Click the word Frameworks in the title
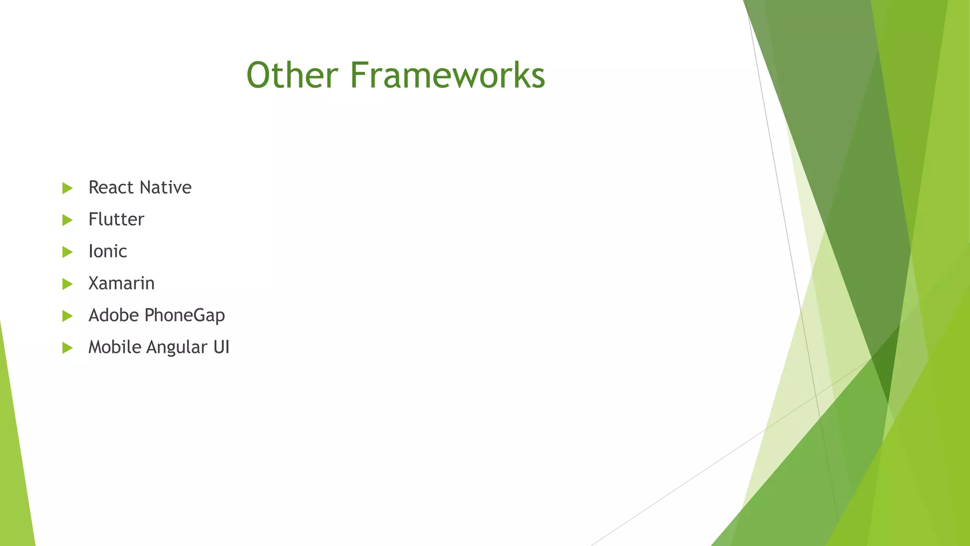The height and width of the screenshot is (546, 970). pyautogui.click(x=448, y=75)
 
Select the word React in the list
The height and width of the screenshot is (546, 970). pyautogui.click(x=111, y=188)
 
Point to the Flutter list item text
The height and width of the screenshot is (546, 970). pyautogui.click(x=116, y=219)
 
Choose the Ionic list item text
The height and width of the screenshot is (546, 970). pyautogui.click(x=108, y=251)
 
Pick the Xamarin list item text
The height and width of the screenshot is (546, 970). pyautogui.click(x=121, y=283)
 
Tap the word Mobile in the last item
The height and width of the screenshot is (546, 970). pyautogui.click(x=115, y=347)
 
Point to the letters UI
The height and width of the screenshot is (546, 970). pyautogui.click(x=221, y=347)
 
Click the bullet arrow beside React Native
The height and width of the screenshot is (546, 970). pyautogui.click(x=67, y=188)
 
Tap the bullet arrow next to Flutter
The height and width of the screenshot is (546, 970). pyautogui.click(x=67, y=220)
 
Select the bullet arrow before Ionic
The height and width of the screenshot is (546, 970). pyautogui.click(x=67, y=252)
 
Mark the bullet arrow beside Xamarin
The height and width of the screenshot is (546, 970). pyautogui.click(x=67, y=284)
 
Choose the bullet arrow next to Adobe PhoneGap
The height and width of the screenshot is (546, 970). pyautogui.click(x=67, y=316)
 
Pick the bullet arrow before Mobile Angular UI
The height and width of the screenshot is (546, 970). pyautogui.click(x=67, y=348)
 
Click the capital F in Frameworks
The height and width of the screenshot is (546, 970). pyautogui.click(x=359, y=75)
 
